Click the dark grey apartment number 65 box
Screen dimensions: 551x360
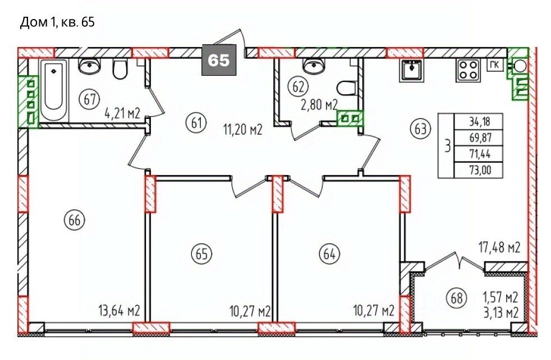219,60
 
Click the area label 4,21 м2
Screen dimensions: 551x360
123,114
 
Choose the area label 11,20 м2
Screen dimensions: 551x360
243,130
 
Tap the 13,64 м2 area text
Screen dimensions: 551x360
120,311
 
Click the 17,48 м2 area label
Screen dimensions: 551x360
499,248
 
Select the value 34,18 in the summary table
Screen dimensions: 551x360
479,122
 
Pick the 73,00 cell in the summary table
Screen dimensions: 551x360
480,170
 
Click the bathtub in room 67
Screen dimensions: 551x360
54,90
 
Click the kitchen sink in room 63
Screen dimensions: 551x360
410,70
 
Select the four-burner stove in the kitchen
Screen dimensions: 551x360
468,70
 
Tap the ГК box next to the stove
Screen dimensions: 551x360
495,65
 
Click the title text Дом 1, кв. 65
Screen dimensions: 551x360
57,23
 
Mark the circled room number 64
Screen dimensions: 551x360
329,253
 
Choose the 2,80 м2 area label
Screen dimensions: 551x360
319,105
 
